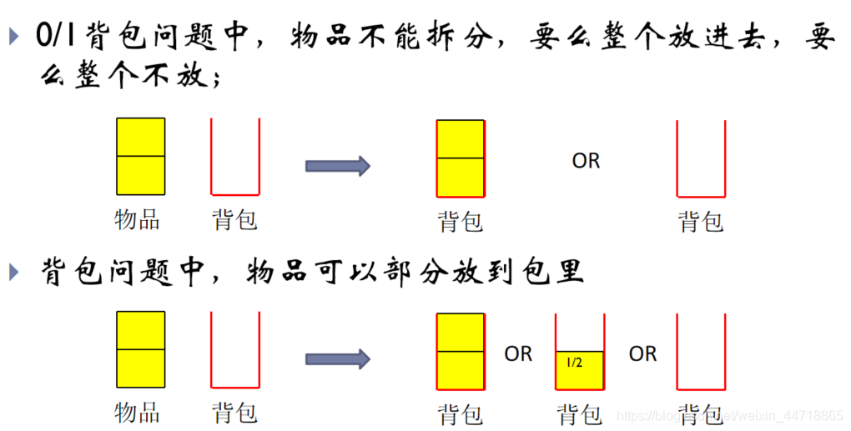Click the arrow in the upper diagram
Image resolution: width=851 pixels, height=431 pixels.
tap(337, 166)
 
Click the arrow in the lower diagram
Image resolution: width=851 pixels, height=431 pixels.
tap(337, 359)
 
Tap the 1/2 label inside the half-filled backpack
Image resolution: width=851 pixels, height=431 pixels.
tap(575, 363)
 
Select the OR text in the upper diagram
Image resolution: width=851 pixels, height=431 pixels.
tap(586, 161)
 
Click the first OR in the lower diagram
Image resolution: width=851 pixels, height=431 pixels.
tap(518, 354)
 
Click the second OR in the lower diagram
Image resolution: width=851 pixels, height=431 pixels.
tap(642, 354)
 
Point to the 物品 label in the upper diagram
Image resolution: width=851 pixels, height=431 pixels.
tap(137, 220)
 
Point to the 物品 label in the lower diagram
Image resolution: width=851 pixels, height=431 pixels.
tap(137, 413)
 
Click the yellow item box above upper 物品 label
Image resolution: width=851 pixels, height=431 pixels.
tap(140, 156)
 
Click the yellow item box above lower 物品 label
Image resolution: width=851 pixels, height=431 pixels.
tap(140, 349)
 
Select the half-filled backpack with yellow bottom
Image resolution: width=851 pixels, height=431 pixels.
tap(580, 352)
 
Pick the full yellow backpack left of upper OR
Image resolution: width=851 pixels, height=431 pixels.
tap(461, 158)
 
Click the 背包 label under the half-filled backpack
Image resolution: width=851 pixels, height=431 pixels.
tap(580, 414)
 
